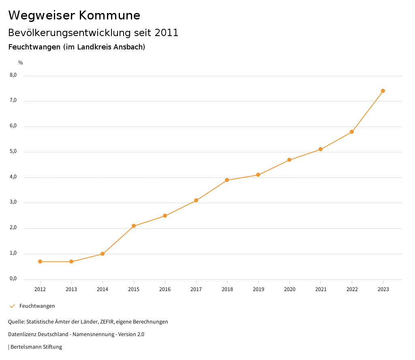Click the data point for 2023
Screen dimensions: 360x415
click(x=383, y=91)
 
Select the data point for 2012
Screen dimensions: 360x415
click(x=40, y=261)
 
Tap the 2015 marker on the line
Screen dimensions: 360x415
click(x=134, y=226)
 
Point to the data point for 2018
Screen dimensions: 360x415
click(x=227, y=180)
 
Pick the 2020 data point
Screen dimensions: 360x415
click(x=289, y=160)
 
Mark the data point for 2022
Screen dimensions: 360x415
click(x=352, y=132)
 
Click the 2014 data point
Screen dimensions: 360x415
click(x=103, y=254)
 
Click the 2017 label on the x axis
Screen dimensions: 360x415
click(x=196, y=289)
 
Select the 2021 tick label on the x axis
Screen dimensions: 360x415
click(x=321, y=289)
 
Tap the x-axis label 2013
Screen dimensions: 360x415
click(x=71, y=289)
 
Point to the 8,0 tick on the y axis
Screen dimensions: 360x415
click(x=13, y=75)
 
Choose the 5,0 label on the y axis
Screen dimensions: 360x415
click(x=13, y=151)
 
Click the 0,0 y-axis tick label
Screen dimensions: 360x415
click(x=13, y=279)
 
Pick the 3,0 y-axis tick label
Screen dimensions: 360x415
click(x=13, y=202)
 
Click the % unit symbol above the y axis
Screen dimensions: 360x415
click(x=21, y=63)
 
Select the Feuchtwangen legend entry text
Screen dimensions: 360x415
click(x=37, y=306)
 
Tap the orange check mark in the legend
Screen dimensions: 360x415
click(x=12, y=306)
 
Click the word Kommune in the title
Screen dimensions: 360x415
click(x=109, y=15)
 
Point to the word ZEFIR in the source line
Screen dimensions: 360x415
click(x=105, y=322)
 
